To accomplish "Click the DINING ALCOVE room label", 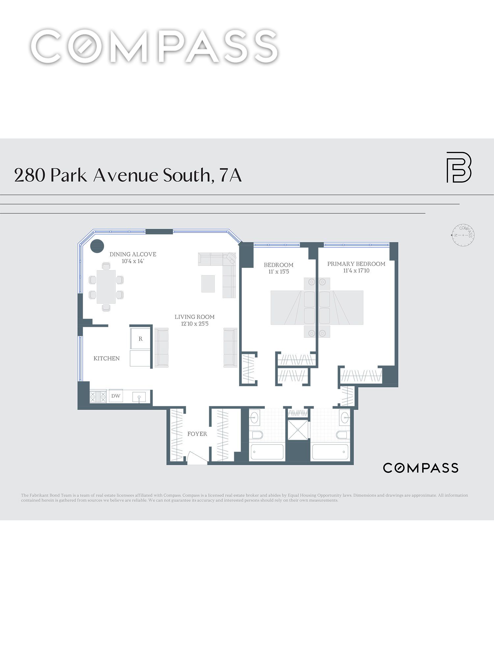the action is point(133,254).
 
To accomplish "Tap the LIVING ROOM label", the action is point(194,317).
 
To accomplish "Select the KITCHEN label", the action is point(106,358).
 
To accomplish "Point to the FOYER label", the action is point(197,434).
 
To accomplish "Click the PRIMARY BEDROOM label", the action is point(356,264).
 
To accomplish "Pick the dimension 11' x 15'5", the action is point(279,272).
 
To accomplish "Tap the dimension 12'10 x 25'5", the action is point(195,324).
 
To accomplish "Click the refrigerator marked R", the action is point(141,338).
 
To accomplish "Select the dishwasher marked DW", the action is point(116,396).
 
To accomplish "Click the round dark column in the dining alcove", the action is point(97,246).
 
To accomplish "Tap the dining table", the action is point(106,287).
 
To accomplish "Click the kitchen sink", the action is point(139,397).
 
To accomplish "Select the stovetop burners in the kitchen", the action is point(98,396).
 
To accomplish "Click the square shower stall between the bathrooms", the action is point(298,430).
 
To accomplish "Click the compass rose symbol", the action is point(463,235).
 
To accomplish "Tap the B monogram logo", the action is point(459,167).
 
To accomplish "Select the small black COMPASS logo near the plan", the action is point(421,468).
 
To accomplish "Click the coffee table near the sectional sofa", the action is point(208,284).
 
